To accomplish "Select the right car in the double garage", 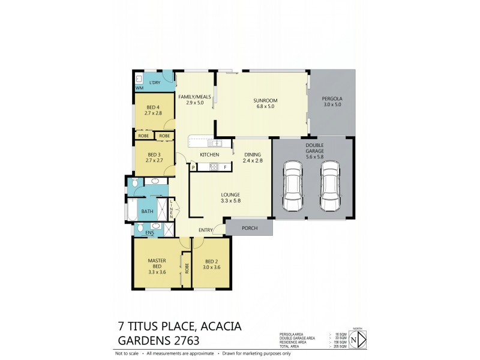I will [331, 186].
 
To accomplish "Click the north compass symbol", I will [358, 339].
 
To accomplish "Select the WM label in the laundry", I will [139, 88].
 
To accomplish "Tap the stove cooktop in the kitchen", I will [214, 166].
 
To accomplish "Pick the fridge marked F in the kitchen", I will [225, 166].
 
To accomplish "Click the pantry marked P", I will [193, 167].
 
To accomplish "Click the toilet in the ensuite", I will [139, 228].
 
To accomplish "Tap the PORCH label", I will [249, 227].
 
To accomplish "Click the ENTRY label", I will [206, 230].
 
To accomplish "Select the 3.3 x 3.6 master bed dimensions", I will [157, 272].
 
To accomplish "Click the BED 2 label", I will [211, 261].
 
